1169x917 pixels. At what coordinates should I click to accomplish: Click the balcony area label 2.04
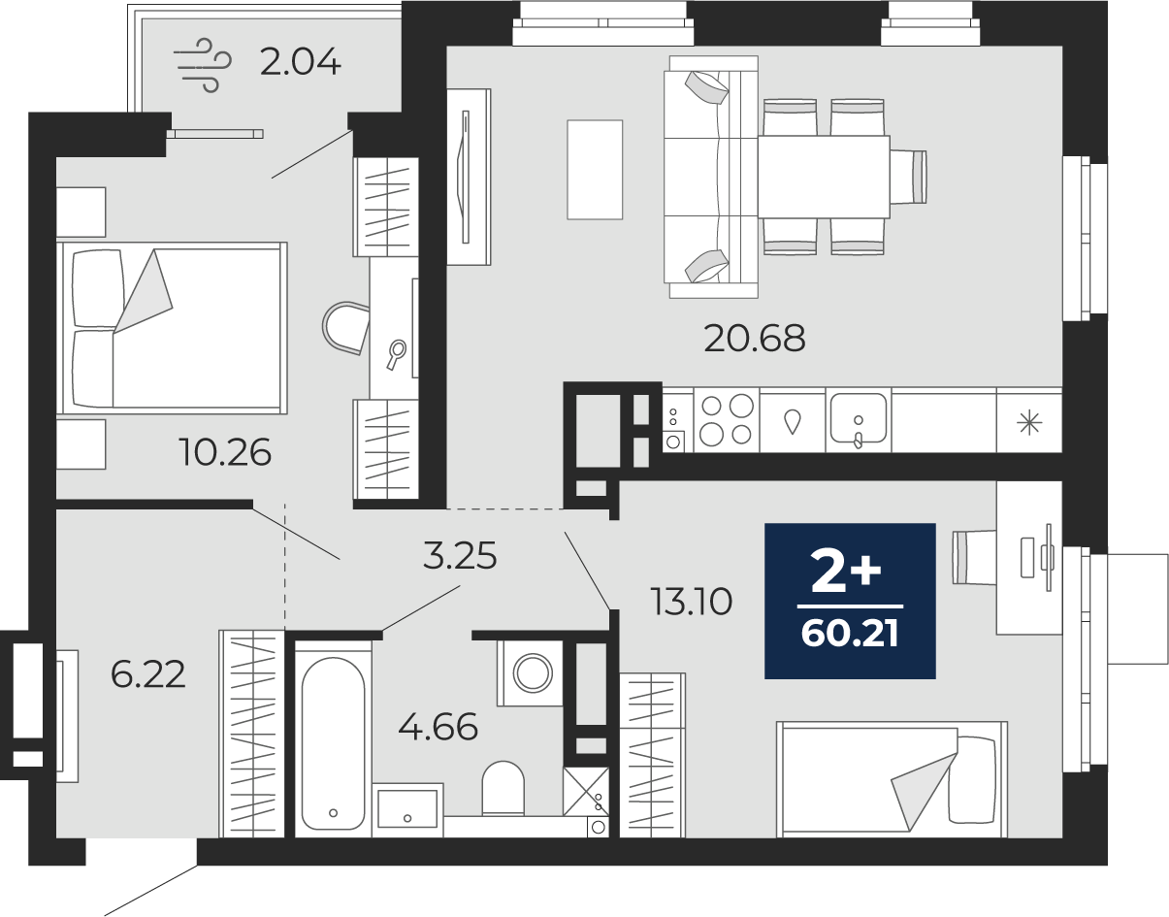[x=300, y=62]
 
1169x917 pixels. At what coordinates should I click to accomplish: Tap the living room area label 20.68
[x=755, y=339]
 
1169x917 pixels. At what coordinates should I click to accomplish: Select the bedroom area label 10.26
[x=225, y=452]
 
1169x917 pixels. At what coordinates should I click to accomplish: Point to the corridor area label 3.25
[x=460, y=556]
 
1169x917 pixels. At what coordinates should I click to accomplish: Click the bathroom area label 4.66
[x=438, y=727]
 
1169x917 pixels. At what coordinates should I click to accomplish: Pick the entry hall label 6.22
[x=147, y=674]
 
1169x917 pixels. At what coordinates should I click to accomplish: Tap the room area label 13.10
[x=692, y=602]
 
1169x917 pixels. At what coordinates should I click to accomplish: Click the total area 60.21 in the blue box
[x=850, y=634]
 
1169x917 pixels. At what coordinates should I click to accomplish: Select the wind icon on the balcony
[x=203, y=65]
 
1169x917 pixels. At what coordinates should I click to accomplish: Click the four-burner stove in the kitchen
[x=727, y=419]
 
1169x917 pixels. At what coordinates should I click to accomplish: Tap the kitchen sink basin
[x=858, y=418]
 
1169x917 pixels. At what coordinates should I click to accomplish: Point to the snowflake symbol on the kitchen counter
[x=1029, y=422]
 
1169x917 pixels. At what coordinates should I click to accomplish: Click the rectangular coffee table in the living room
[x=595, y=170]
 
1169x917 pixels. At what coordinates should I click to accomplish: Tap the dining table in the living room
[x=824, y=177]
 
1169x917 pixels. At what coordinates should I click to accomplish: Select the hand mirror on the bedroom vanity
[x=396, y=354]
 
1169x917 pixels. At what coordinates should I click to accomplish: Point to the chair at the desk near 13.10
[x=974, y=557]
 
